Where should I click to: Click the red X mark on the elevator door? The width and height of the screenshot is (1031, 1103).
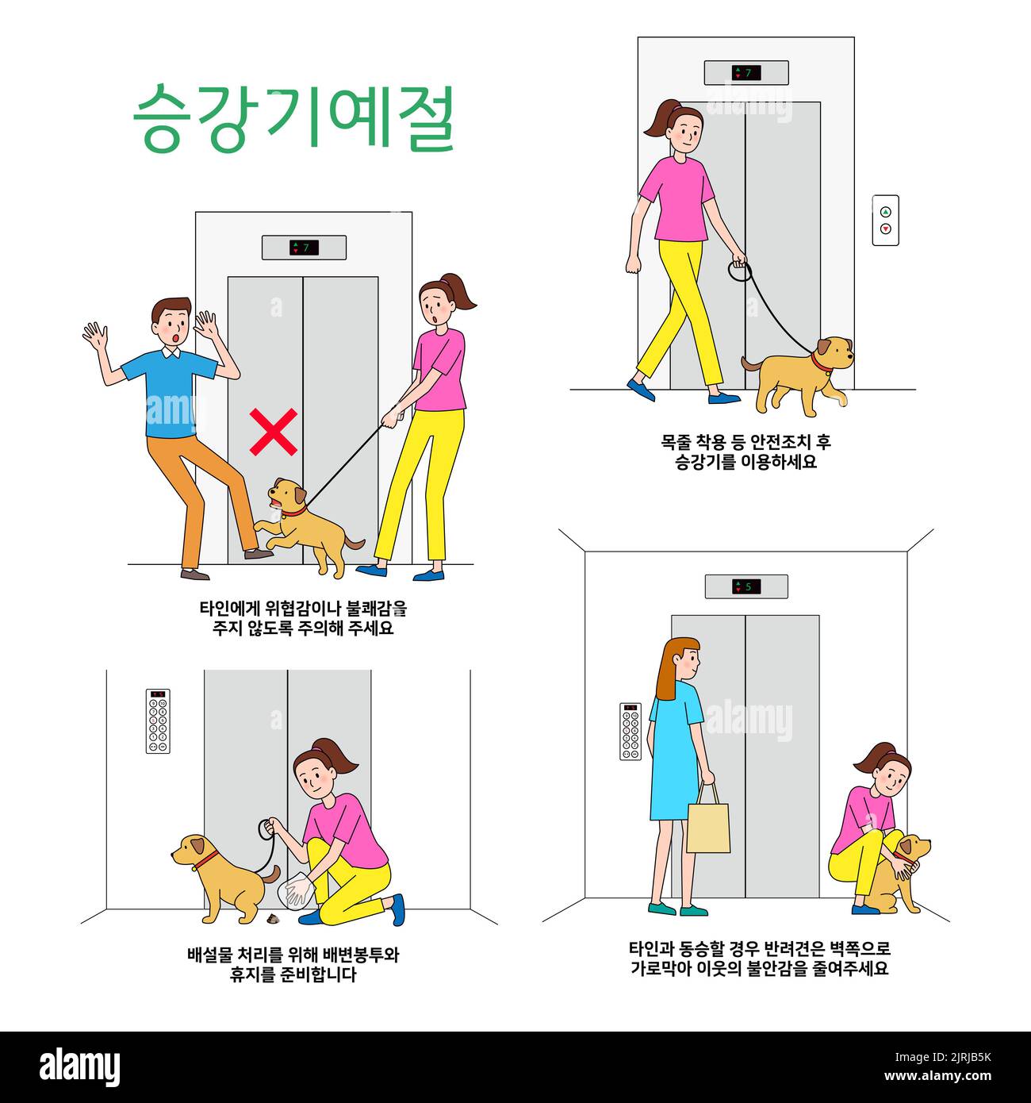[274, 432]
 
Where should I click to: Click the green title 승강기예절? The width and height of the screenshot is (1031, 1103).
[293, 118]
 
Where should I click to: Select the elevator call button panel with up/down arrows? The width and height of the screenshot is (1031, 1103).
[885, 220]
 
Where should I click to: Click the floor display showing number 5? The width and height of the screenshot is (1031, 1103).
[745, 586]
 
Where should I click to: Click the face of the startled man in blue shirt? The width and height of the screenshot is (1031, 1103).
[173, 325]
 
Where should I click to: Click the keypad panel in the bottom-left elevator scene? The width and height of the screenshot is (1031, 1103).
[158, 721]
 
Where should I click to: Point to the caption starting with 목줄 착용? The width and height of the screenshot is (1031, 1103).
[745, 451]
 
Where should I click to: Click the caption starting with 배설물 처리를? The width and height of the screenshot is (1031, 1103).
[293, 964]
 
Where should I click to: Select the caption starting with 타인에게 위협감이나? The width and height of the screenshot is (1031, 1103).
[303, 618]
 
